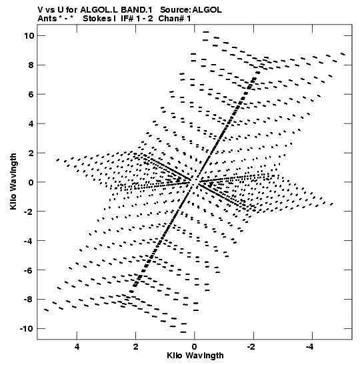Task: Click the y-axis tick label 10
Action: (29, 36)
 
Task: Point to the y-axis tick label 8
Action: (31, 65)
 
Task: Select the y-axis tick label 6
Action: (31, 95)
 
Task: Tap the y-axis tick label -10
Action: (27, 329)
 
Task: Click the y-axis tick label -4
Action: (29, 241)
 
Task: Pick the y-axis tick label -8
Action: (29, 300)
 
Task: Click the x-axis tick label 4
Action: (77, 347)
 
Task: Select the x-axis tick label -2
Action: (251, 347)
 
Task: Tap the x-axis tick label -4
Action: (310, 347)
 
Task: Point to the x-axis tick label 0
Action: (195, 347)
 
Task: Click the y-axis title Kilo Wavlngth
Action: (13, 181)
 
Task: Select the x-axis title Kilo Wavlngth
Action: (195, 356)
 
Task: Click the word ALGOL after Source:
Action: (207, 10)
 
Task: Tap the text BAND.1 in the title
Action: (137, 10)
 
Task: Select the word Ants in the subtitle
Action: (47, 19)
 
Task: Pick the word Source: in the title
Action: (175, 10)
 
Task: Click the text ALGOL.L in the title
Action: (99, 10)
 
